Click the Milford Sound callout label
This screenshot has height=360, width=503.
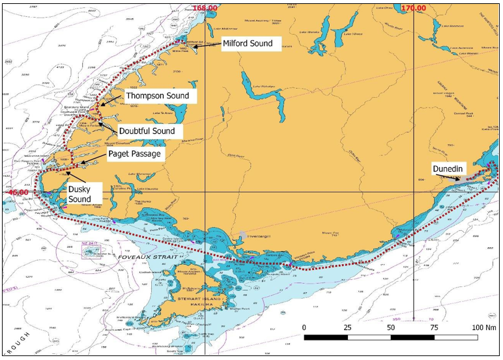251,44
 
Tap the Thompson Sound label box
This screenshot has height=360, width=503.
157,96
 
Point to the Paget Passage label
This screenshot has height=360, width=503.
134,155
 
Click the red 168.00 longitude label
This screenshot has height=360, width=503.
206,7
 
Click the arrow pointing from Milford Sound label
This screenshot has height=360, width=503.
207,45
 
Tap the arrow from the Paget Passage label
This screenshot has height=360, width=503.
89,158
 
